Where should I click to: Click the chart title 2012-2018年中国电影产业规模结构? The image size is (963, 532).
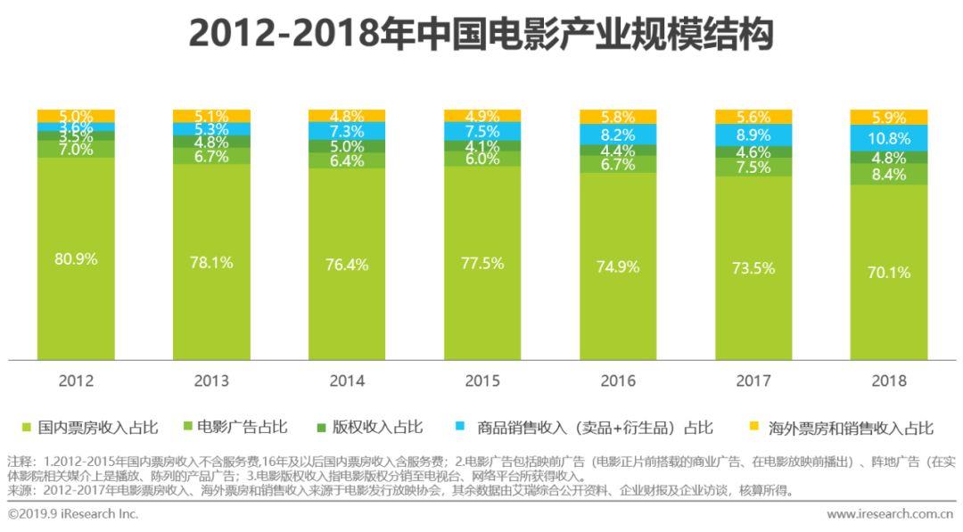pyautogui.click(x=481, y=35)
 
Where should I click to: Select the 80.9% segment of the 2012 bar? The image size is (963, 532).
pyautogui.click(x=76, y=259)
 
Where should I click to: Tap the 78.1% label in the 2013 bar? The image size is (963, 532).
pyautogui.click(x=211, y=262)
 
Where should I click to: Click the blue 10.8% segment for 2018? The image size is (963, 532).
pyautogui.click(x=889, y=138)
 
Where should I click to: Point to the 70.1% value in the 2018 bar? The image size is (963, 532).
pyautogui.click(x=889, y=273)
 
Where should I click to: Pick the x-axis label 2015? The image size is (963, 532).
pyautogui.click(x=482, y=381)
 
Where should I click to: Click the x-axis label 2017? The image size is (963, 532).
pyautogui.click(x=753, y=381)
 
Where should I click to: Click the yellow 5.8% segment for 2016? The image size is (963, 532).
pyautogui.click(x=618, y=117)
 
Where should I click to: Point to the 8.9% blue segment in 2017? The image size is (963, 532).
pyautogui.click(x=753, y=135)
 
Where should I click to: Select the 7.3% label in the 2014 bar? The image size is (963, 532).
pyautogui.click(x=347, y=131)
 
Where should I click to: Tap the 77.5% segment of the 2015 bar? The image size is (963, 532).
pyautogui.click(x=482, y=263)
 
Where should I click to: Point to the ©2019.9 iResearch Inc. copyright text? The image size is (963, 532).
pyautogui.click(x=73, y=514)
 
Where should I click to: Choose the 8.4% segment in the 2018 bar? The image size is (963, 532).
pyautogui.click(x=889, y=174)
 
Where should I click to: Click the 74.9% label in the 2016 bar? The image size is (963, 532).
pyautogui.click(x=618, y=266)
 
